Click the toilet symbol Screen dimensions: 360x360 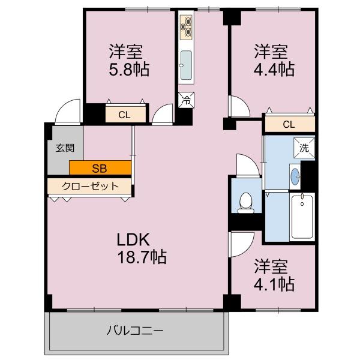click(246, 203)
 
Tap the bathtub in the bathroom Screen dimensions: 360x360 click(302, 217)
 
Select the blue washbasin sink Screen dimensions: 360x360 click(295, 176)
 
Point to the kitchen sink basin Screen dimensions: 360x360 click(186, 65)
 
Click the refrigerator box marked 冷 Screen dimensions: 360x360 click(186, 100)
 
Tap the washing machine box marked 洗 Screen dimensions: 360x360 click(304, 148)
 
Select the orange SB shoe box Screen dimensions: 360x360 click(100, 167)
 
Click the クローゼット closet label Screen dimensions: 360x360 click(90, 186)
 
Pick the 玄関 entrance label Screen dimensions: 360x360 click(65, 148)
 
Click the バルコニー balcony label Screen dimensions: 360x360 click(135, 331)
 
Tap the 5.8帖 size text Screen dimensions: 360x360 click(129, 69)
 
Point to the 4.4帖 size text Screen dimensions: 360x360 click(274, 69)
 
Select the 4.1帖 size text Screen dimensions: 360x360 click(274, 284)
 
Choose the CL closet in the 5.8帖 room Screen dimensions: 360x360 click(125, 114)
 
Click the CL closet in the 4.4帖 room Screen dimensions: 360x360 click(290, 124)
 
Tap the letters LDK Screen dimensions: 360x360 click(133, 239)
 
